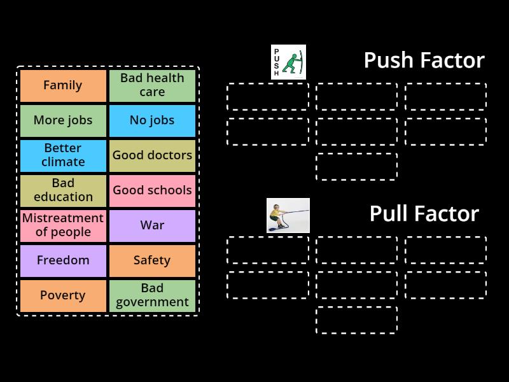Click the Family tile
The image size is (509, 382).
click(x=63, y=85)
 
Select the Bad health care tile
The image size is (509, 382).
click(x=152, y=85)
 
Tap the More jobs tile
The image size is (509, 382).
click(x=63, y=120)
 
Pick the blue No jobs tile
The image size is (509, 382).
click(x=152, y=120)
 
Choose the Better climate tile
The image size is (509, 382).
click(x=63, y=155)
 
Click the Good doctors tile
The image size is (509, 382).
click(x=152, y=155)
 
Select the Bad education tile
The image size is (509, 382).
click(x=63, y=190)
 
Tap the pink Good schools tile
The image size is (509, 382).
click(x=152, y=190)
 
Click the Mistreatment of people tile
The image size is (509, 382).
click(x=63, y=225)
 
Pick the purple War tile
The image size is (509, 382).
click(x=152, y=225)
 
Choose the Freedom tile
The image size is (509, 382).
click(x=63, y=260)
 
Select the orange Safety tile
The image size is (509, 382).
click(x=152, y=260)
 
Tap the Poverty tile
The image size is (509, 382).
click(x=63, y=295)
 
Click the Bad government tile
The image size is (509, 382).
click(x=152, y=295)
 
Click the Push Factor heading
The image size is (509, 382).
click(x=424, y=60)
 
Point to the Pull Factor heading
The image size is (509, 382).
click(x=424, y=214)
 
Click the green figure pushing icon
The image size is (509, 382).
click(x=288, y=62)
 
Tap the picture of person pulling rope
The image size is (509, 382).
click(x=288, y=215)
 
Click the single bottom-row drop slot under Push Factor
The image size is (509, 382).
click(x=357, y=167)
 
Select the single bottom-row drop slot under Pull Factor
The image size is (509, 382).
click(x=357, y=320)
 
